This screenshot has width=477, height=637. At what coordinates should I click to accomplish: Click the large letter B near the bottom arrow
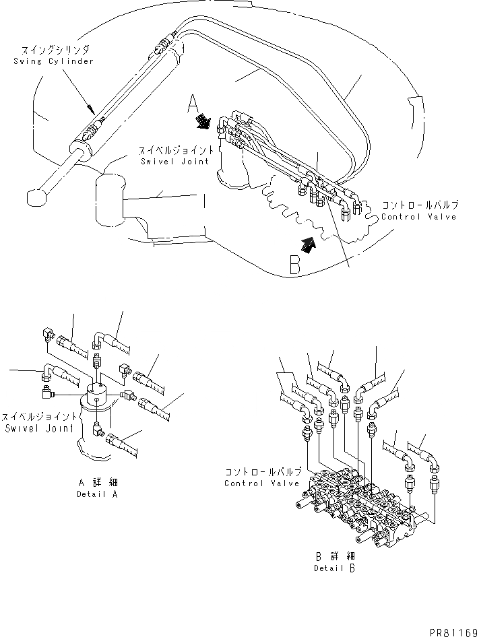(x=295, y=265)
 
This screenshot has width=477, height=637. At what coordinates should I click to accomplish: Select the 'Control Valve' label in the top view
(x=418, y=217)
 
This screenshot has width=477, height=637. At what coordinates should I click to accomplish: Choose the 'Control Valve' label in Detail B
(x=253, y=483)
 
